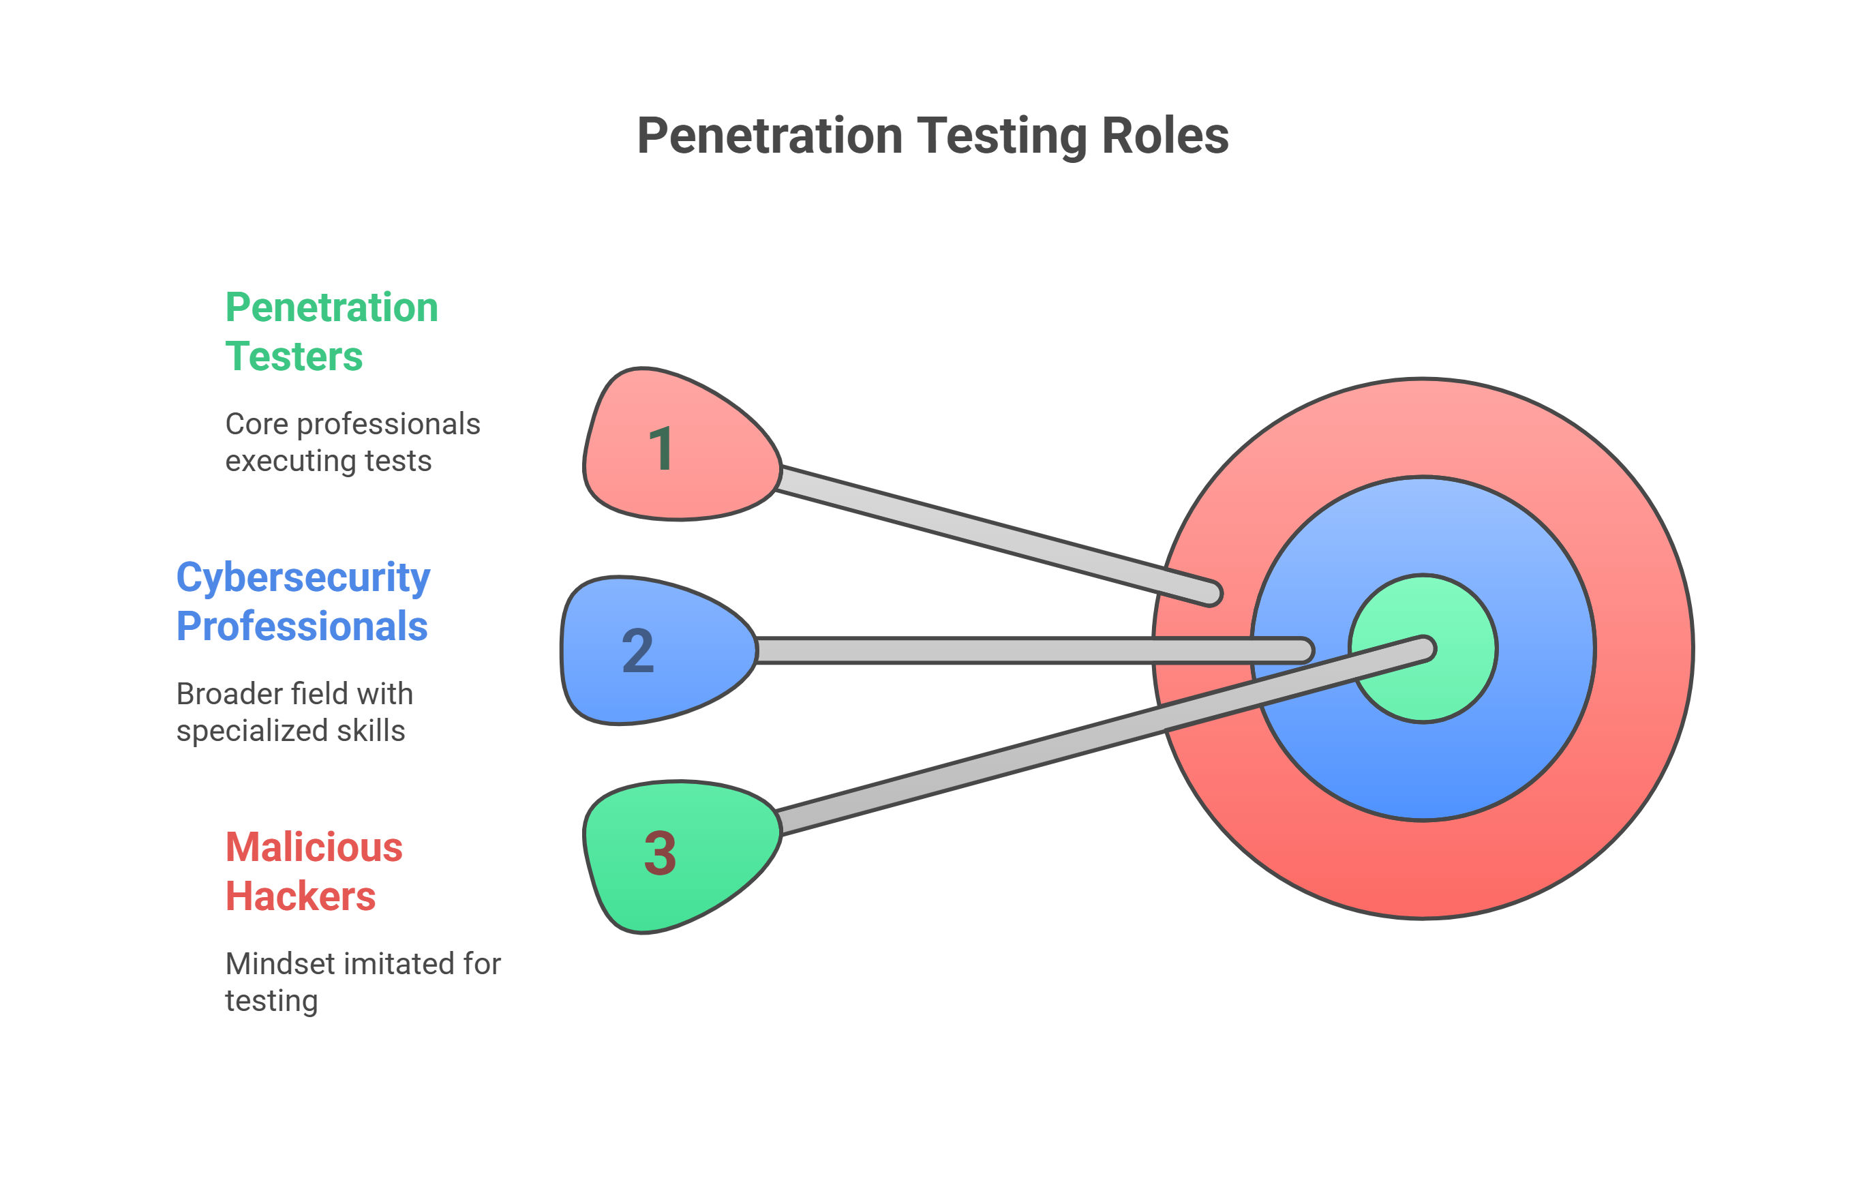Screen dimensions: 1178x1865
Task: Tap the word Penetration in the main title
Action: point(769,136)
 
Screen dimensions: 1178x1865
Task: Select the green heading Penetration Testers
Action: point(331,331)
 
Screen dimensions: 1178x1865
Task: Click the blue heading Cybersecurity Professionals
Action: point(303,601)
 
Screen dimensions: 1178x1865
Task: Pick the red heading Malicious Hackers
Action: point(314,871)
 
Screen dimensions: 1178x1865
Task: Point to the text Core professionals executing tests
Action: point(352,442)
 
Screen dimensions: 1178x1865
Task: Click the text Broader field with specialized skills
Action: point(294,712)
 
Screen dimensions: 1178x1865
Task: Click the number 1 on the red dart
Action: point(661,449)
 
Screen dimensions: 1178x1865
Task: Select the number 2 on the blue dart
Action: point(638,650)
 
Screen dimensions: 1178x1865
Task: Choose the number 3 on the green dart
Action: point(660,853)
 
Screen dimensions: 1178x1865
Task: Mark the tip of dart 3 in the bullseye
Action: point(1426,648)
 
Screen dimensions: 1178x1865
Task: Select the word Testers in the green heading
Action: point(294,357)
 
